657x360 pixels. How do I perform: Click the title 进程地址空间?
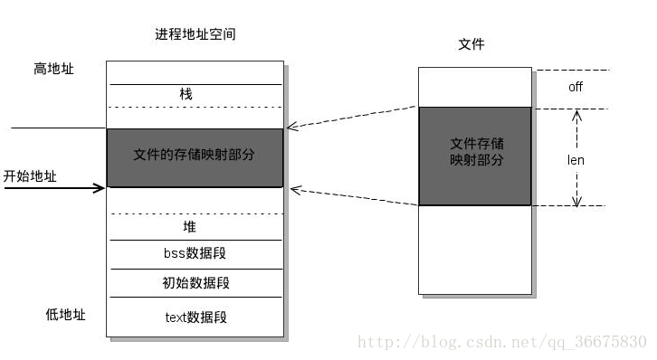tap(195, 33)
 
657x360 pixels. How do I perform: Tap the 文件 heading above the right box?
tap(471, 43)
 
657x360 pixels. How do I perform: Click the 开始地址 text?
tap(30, 176)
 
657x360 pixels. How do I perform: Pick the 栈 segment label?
tap(186, 94)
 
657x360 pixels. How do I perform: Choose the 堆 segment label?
tap(189, 227)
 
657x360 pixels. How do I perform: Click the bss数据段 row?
tap(194, 254)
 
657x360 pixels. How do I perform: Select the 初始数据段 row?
tap(195, 283)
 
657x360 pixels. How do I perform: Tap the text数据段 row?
tap(195, 317)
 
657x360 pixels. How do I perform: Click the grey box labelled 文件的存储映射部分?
tap(195, 156)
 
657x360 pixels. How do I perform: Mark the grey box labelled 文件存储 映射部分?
tap(475, 155)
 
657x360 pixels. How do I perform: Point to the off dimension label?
tap(576, 88)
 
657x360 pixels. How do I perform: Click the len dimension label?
tap(576, 160)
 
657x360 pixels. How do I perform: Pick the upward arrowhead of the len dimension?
tap(576, 114)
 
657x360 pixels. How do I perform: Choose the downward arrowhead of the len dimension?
tap(576, 201)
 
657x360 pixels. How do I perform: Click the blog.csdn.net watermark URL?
tap(502, 342)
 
